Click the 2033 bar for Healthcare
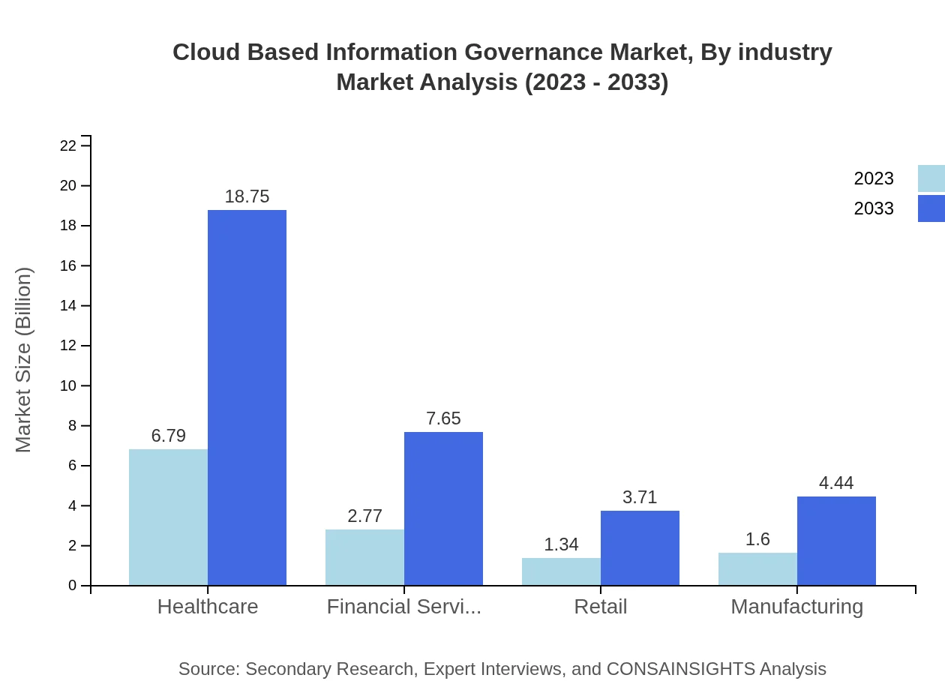tap(247, 397)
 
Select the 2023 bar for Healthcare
tap(168, 517)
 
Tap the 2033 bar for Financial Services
tap(443, 508)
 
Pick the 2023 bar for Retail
tap(561, 571)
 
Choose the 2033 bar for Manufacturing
tap(836, 541)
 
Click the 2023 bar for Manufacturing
tap(757, 569)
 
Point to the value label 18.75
tap(247, 196)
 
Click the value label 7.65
tap(443, 418)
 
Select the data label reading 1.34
tap(561, 544)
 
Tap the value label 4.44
tap(836, 483)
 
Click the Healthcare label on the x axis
tap(208, 606)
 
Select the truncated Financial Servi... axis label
tap(404, 606)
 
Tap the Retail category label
tap(601, 606)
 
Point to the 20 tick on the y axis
tap(68, 186)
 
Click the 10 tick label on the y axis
tap(68, 386)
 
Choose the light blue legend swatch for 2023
tap(931, 178)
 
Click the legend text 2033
tap(874, 208)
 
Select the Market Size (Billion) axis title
tap(24, 360)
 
